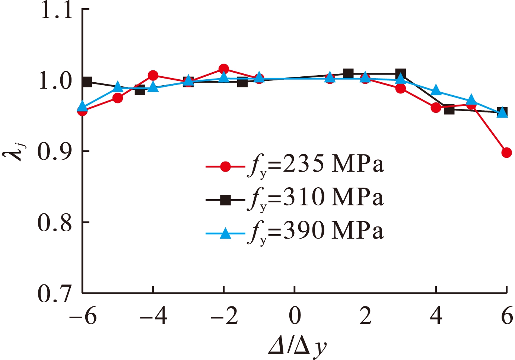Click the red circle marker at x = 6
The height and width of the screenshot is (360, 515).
click(x=506, y=153)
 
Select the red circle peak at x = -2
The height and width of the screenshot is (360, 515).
click(x=224, y=69)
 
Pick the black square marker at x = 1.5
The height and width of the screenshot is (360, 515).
click(x=348, y=73)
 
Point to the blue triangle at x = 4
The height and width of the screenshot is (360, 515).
click(x=436, y=91)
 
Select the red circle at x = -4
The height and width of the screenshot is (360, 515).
click(x=153, y=76)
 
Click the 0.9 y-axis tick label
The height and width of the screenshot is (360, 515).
click(x=55, y=151)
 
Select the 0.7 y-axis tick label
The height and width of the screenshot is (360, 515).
click(x=55, y=293)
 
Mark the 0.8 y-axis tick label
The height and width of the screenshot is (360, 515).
click(x=55, y=223)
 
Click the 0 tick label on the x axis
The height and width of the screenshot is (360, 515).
click(x=295, y=316)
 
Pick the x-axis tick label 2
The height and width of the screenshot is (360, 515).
click(x=365, y=316)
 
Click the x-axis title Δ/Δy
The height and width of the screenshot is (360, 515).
click(x=297, y=347)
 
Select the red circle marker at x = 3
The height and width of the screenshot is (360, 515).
click(x=401, y=89)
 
